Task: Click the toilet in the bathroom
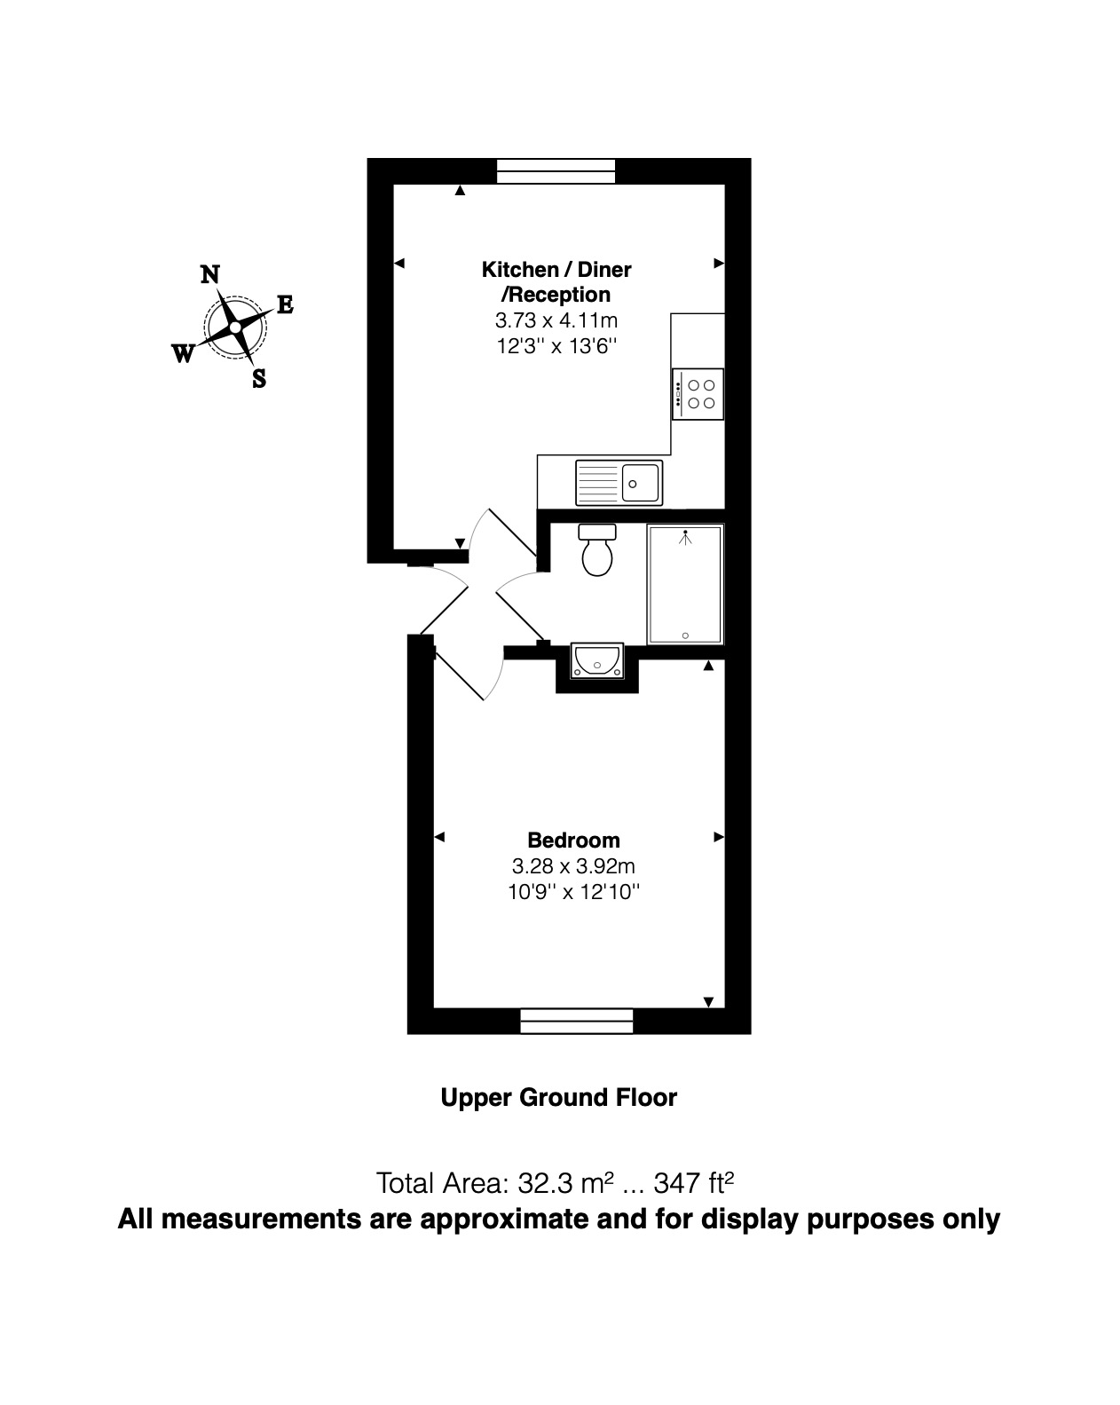tap(596, 549)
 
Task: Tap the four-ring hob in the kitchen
tap(698, 394)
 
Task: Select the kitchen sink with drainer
tap(619, 483)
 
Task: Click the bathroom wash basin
tap(597, 660)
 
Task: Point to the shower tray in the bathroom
tap(685, 584)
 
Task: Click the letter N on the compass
tap(209, 274)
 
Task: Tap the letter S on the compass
tap(258, 379)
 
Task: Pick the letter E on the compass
tap(286, 304)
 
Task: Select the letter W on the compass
tap(183, 353)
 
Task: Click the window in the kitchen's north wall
tap(556, 171)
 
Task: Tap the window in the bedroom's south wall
tap(577, 1021)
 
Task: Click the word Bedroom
tap(573, 841)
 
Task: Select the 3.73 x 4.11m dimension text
tap(556, 320)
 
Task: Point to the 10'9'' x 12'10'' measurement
tap(573, 892)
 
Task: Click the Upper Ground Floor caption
tap(559, 1098)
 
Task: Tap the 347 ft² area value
tap(693, 1182)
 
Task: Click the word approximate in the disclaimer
tap(504, 1220)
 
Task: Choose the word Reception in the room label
tap(559, 295)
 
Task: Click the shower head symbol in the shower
tap(685, 538)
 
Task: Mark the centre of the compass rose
tap(235, 328)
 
